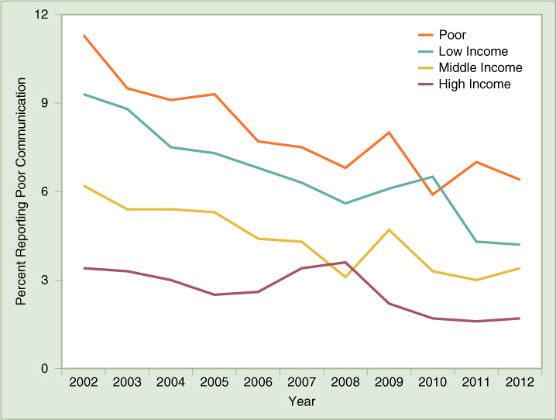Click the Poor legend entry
coord(452,35)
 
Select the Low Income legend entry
coord(473,51)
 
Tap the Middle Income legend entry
coord(480,67)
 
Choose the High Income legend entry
coord(475,84)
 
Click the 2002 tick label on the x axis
coord(83,383)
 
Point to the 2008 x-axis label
coord(345,383)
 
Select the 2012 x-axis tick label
coord(520,383)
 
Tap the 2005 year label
coord(215,383)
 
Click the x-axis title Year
coord(301,401)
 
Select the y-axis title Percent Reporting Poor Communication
coord(21,191)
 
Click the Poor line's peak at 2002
coord(84,36)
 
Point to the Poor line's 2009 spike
coord(389,133)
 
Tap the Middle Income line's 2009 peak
coord(389,229)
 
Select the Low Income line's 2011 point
coord(476,242)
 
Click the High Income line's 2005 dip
coord(215,294)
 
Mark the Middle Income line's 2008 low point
coord(345,277)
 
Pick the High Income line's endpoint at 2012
coord(520,318)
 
